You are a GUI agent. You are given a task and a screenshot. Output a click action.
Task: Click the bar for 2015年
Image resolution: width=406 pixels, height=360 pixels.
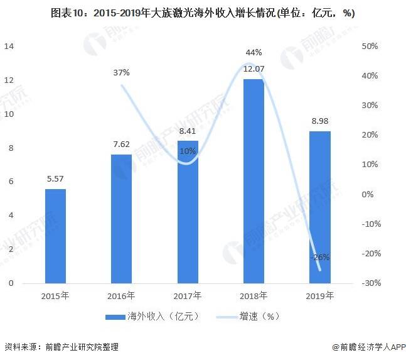pyautogui.click(x=55, y=236)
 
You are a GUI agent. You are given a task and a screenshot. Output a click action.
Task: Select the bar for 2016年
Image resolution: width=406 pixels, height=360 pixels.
pyautogui.click(x=121, y=219)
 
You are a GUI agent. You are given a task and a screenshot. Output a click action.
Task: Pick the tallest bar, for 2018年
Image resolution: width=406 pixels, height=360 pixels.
pyautogui.click(x=254, y=181)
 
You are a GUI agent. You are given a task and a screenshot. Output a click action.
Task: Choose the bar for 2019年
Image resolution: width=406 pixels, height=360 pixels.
pyautogui.click(x=319, y=207)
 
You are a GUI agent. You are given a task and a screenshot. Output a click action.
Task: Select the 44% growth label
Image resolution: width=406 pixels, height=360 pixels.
pyautogui.click(x=254, y=52)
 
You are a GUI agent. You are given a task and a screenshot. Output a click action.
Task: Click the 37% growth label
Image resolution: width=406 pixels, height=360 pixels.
pyautogui.click(x=121, y=72)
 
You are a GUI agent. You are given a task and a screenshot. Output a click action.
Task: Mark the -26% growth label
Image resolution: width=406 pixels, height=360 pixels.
pyautogui.click(x=320, y=256)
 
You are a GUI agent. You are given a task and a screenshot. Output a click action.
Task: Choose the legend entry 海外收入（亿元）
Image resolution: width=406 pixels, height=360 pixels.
pyautogui.click(x=154, y=316)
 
